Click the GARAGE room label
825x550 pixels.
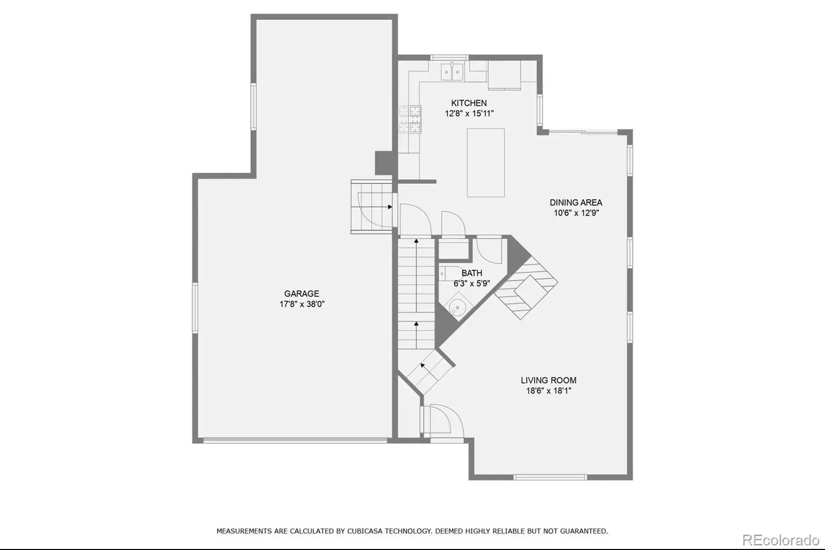[301, 294]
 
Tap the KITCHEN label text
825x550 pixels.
[469, 103]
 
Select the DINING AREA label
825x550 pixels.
[576, 202]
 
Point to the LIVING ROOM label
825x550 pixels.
[549, 380]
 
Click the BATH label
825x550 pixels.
[472, 273]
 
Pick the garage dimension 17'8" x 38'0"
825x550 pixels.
[302, 304]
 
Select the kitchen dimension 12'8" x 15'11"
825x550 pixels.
[469, 114]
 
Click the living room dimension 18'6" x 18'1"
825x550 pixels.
[549, 391]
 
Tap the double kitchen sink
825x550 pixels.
[452, 72]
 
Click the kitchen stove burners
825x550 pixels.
[410, 119]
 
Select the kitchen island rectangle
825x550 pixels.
[485, 163]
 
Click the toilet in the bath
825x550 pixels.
[451, 273]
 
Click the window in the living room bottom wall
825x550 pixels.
[550, 477]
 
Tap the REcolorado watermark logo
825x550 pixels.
[781, 540]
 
